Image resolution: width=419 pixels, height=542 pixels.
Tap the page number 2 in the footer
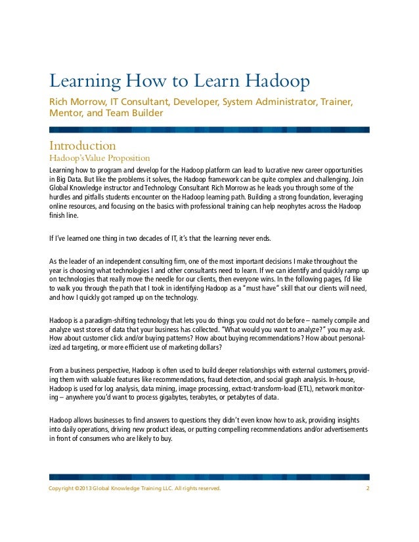click(x=367, y=489)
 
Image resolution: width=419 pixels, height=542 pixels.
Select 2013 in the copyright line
click(x=81, y=489)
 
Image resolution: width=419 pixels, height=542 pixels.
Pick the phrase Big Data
click(x=68, y=180)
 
